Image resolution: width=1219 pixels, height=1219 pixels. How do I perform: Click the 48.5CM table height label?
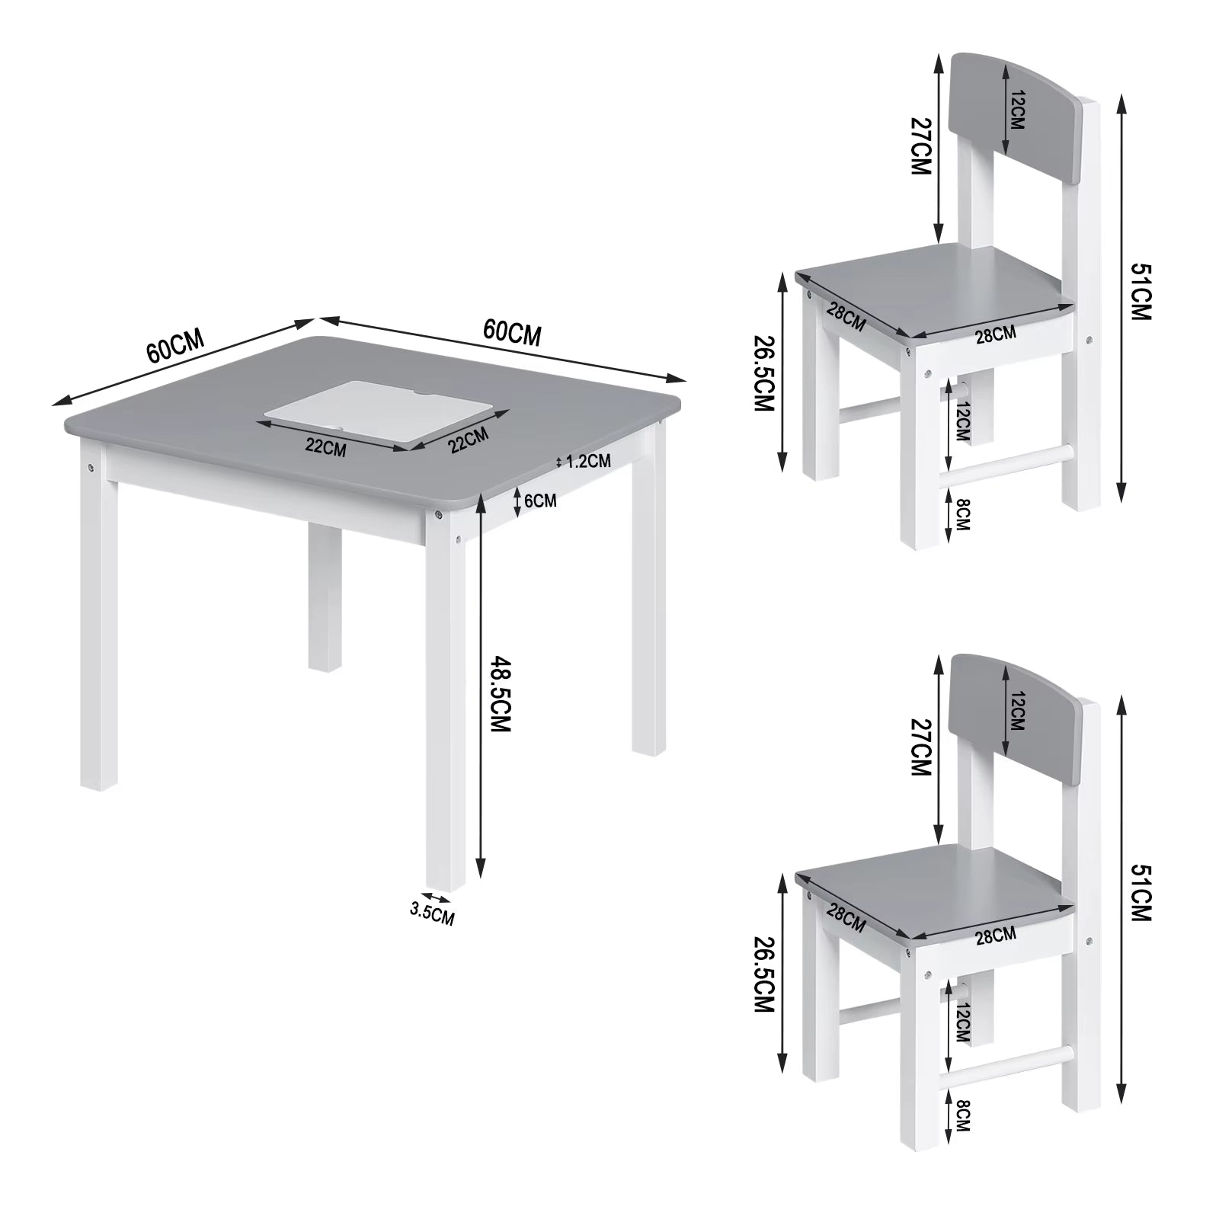(498, 693)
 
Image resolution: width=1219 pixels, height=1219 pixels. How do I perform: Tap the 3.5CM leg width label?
(431, 912)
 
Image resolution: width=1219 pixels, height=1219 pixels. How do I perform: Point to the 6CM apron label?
(540, 501)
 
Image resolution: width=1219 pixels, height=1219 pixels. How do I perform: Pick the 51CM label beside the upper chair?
(1141, 291)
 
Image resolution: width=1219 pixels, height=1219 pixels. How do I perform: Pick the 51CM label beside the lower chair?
(1141, 893)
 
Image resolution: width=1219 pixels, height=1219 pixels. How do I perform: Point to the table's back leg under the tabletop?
(324, 602)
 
